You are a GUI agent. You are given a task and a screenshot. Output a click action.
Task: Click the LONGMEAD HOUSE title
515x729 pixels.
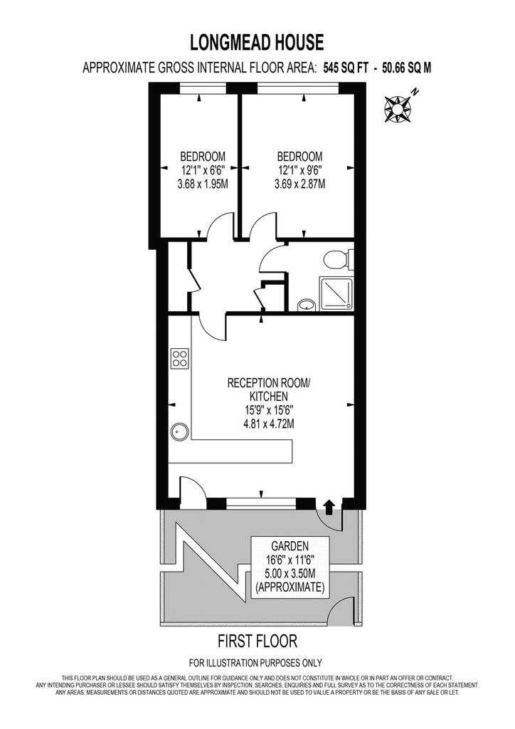257,42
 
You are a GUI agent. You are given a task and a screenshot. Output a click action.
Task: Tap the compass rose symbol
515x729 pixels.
398,109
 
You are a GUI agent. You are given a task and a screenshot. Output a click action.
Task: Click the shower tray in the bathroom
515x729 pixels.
336,293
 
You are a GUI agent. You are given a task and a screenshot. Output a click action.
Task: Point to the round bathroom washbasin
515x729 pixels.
306,305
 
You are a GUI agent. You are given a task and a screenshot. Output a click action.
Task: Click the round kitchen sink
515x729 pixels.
180,432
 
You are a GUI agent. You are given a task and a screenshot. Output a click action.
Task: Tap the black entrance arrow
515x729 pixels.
329,507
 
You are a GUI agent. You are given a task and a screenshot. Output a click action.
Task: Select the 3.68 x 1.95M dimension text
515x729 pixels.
203,184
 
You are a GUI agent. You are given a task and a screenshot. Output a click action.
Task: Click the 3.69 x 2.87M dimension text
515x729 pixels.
299,184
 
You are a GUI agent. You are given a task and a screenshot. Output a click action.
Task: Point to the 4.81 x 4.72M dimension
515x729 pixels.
269,424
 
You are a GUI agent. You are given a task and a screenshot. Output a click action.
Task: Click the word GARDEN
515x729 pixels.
290,545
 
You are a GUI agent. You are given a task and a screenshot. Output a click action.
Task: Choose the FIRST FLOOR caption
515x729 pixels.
257,641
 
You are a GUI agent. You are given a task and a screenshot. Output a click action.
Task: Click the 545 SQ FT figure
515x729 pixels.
344,68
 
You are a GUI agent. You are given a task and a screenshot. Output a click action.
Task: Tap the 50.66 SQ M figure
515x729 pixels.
406,68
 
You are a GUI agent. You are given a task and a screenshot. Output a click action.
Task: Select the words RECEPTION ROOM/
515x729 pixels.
269,383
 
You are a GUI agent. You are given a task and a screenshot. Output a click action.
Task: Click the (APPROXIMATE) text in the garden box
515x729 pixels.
290,587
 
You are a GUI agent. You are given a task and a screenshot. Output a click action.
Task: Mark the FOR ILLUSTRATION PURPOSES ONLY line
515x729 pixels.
255,663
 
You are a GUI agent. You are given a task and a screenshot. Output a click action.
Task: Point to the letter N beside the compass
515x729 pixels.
415,92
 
